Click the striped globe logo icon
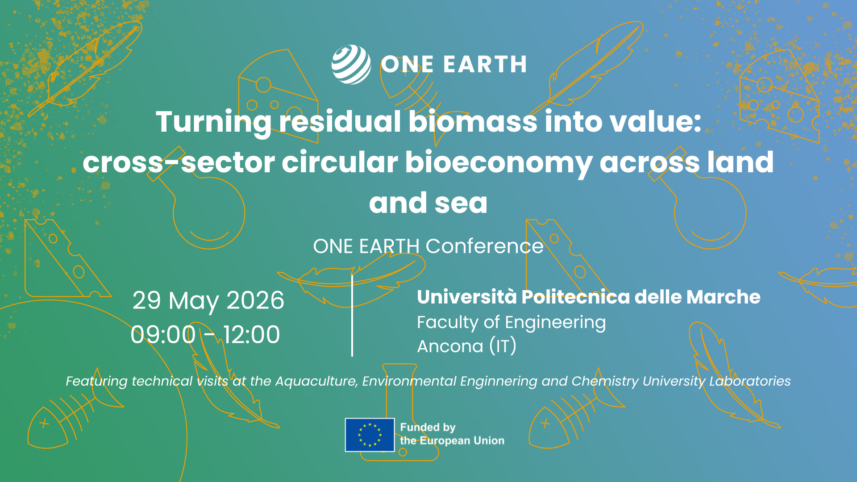click(x=351, y=64)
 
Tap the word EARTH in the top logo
click(x=485, y=65)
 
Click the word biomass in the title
click(x=473, y=121)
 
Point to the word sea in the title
click(x=461, y=204)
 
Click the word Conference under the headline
click(x=485, y=246)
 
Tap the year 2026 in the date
click(x=255, y=300)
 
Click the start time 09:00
click(x=163, y=335)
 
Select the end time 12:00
click(x=251, y=335)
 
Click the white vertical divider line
click(x=352, y=316)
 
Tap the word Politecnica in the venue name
click(x=575, y=297)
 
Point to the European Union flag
click(x=370, y=435)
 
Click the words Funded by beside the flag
click(x=428, y=428)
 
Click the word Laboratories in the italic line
click(x=750, y=381)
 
